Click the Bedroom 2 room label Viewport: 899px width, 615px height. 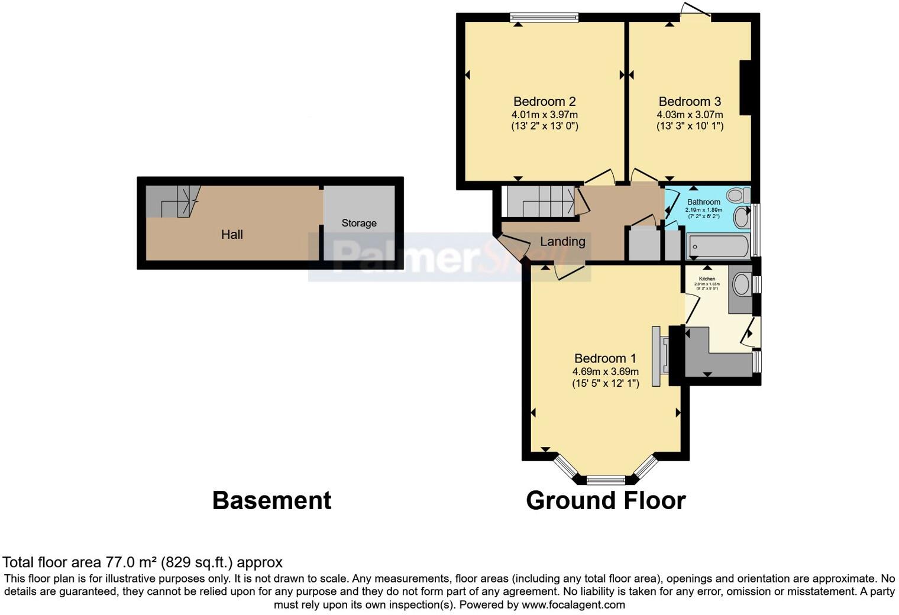[544, 101]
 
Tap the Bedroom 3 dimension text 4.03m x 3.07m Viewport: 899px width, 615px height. [690, 114]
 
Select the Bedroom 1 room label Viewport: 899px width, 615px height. [605, 358]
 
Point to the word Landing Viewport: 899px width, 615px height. [562, 241]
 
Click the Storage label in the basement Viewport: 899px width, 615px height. [359, 223]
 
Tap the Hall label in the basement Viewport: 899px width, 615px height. [232, 235]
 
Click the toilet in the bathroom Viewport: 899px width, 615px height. [738, 195]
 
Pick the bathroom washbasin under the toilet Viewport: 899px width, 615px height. [741, 218]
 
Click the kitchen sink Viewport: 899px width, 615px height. [741, 285]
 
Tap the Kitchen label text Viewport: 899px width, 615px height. [707, 279]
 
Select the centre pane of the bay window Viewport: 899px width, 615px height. [606, 480]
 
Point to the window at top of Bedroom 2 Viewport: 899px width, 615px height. [544, 18]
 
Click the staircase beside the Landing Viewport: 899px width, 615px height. [539, 202]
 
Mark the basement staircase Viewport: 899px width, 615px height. [173, 201]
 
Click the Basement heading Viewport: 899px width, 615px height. [271, 501]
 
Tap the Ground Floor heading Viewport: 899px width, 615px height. [605, 501]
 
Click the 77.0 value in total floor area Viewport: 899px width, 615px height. [118, 562]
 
